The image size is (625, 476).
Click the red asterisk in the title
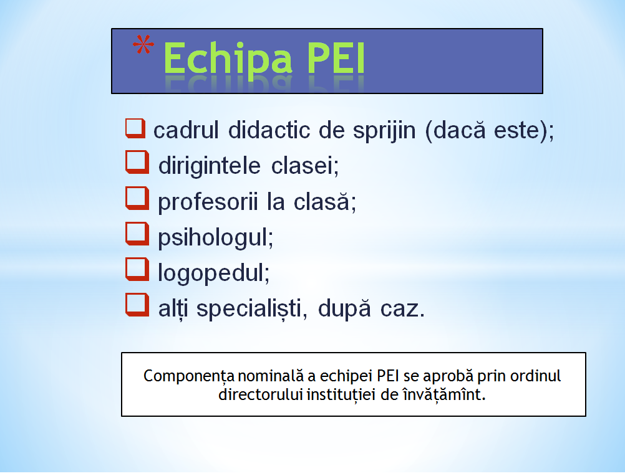143,45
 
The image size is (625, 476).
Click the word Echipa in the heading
228,59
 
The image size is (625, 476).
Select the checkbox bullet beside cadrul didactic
135,128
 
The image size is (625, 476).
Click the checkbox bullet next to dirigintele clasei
137,163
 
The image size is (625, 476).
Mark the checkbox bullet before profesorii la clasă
137,198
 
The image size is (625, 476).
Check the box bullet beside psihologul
137,234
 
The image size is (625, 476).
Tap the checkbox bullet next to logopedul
137,269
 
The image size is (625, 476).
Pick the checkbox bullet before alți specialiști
137,305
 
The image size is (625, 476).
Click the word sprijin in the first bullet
384,131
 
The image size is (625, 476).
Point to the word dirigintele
209,166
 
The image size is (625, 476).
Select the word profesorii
208,202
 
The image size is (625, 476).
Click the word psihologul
216,237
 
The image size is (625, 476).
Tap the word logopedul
214,273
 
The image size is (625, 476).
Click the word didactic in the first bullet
269,130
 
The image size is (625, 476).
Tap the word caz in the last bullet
402,309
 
